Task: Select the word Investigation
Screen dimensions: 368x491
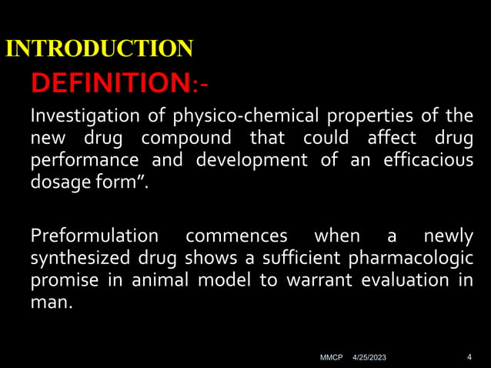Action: [x=78, y=117]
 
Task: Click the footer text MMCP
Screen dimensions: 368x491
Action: [x=331, y=358]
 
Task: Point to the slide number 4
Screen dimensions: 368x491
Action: [x=469, y=357]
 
